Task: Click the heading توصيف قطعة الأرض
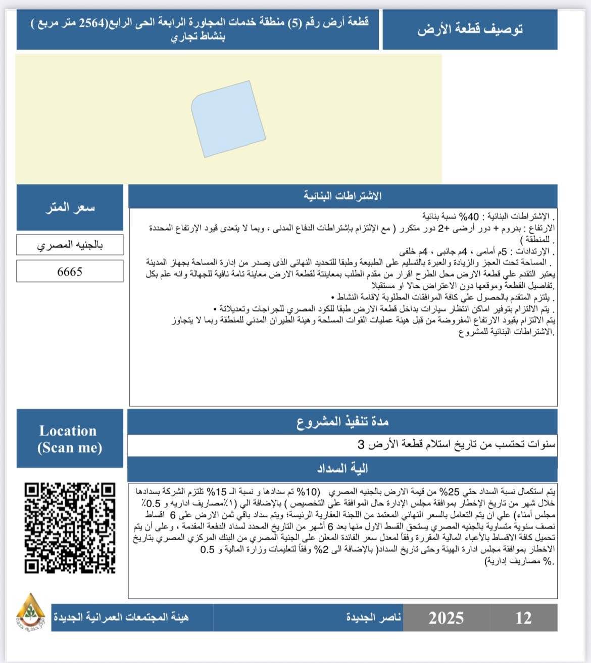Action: click(470, 29)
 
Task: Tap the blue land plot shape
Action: click(228, 118)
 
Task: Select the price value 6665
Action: click(70, 272)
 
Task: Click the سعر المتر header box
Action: click(70, 207)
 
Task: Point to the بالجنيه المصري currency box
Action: click(70, 245)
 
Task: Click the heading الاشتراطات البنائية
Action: click(342, 196)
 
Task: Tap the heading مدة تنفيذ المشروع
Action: click(342, 422)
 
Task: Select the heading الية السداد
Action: click(342, 469)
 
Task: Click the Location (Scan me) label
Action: click(69, 438)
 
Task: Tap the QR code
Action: click(70, 528)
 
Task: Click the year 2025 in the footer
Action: click(446, 617)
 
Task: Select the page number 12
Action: click(523, 617)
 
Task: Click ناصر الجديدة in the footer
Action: click(373, 617)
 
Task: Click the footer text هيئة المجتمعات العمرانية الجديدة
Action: click(121, 617)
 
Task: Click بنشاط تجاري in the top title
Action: click(198, 37)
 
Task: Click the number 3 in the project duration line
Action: click(361, 445)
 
